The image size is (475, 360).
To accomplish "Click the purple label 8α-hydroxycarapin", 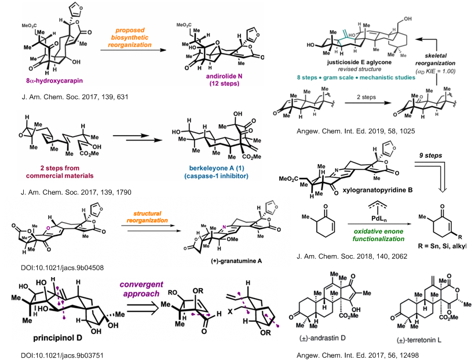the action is click(x=54, y=81).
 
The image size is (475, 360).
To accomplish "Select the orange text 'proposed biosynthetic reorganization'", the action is click(x=130, y=38).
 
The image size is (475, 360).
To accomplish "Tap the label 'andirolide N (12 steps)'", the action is click(x=224, y=79).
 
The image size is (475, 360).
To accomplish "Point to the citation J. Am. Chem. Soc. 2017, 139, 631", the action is click(x=75, y=97).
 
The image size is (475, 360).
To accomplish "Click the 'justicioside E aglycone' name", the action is click(x=359, y=62).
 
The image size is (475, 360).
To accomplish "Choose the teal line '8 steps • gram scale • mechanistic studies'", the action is click(x=356, y=77).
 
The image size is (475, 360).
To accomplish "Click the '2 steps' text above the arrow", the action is click(x=366, y=97).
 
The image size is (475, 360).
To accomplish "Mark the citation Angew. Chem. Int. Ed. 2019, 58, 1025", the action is click(x=356, y=132).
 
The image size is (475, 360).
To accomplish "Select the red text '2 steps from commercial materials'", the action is click(x=60, y=172).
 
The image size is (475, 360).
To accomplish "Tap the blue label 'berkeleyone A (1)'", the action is click(x=217, y=168).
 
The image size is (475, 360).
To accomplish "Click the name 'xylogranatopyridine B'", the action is click(x=378, y=190).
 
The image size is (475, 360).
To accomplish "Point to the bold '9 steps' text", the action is click(x=430, y=155).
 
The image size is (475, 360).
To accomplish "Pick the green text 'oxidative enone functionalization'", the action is click(x=378, y=235).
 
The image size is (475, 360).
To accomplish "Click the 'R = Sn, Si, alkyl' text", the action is click(x=441, y=246).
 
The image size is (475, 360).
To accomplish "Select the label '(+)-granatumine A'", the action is click(x=236, y=261).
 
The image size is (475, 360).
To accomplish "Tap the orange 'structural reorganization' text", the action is click(x=147, y=217).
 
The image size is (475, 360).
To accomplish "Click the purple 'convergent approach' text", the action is click(x=141, y=289).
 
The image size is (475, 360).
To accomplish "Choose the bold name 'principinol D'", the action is click(x=57, y=337).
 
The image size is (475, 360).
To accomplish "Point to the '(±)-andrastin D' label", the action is click(x=322, y=338).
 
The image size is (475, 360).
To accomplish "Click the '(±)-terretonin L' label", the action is click(x=419, y=340).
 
